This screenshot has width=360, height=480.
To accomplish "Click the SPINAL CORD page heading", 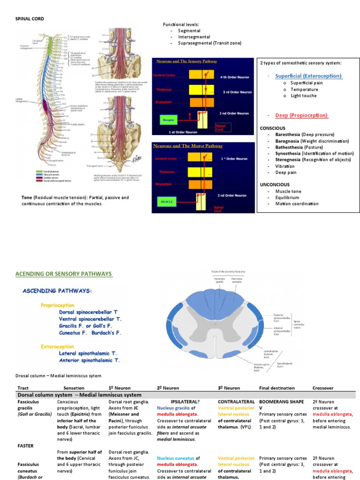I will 31,19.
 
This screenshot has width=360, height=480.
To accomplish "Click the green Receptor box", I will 168,120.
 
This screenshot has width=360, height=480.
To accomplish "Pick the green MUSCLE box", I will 168,202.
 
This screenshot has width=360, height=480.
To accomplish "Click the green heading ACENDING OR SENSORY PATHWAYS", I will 64,274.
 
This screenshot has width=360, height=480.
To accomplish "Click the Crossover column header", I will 323,388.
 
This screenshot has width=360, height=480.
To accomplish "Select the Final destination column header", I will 277,388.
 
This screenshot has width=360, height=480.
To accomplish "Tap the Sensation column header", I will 74,388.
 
